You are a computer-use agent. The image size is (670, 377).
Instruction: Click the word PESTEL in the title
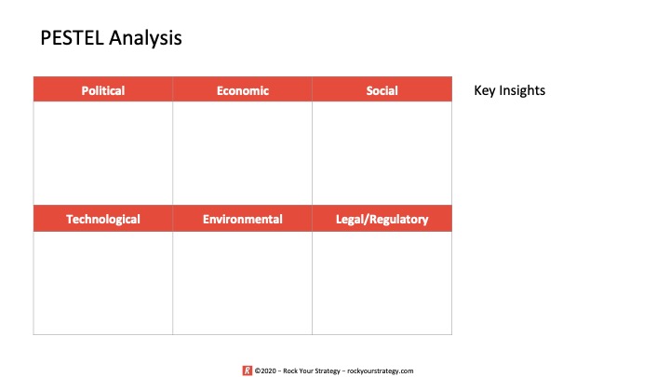(72, 37)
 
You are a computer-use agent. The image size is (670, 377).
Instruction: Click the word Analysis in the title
(145, 38)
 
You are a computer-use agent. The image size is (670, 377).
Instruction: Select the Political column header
(103, 89)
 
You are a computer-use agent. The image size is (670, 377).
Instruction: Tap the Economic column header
(242, 89)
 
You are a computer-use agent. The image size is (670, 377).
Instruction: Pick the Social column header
(382, 89)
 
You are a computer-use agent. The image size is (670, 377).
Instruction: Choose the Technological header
(103, 219)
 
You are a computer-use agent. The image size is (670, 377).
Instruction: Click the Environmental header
(242, 219)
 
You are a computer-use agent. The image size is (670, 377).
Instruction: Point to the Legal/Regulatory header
(382, 219)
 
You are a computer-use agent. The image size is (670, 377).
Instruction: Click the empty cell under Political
(103, 153)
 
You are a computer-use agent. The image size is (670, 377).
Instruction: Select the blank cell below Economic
(242, 153)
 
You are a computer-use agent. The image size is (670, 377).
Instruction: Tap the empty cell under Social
(382, 153)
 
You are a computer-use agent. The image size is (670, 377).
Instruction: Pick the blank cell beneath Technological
(103, 283)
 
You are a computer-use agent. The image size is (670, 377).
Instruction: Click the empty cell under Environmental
(242, 283)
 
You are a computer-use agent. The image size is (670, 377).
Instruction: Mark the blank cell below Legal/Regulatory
(382, 283)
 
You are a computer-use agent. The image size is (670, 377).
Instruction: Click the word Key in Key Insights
(485, 90)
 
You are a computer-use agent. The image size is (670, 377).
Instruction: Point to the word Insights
(522, 90)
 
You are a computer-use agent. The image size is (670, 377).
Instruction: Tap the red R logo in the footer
(248, 370)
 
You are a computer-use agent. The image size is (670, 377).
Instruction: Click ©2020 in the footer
(265, 370)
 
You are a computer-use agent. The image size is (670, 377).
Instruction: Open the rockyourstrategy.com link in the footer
(381, 371)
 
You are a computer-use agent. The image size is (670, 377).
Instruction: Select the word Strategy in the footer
(328, 371)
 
